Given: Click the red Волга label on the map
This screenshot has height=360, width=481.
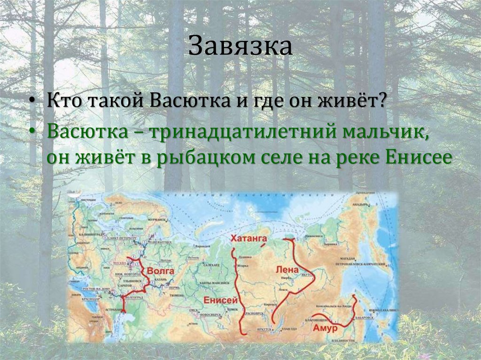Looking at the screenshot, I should (161, 271).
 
